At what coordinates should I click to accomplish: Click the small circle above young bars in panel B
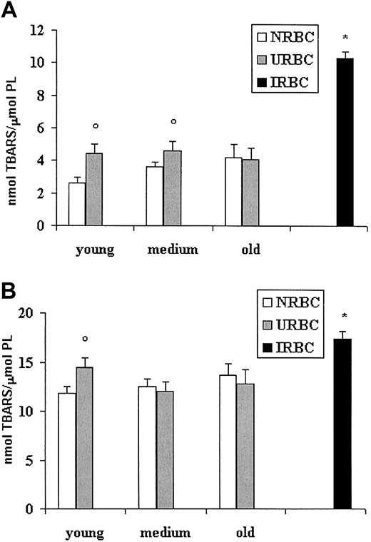(105, 339)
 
